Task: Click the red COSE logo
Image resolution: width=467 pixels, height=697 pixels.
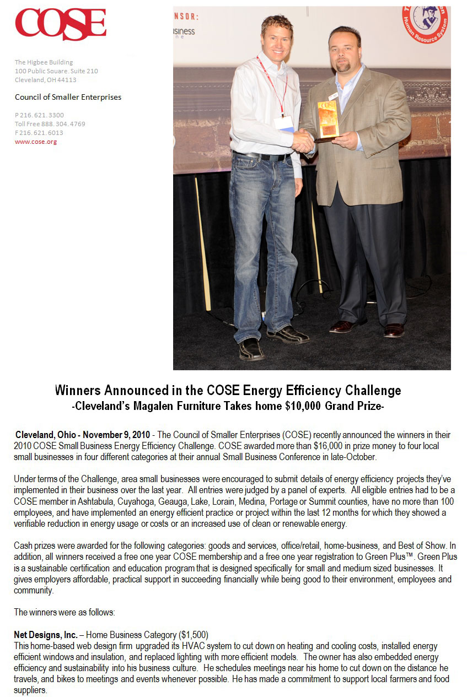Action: (61, 24)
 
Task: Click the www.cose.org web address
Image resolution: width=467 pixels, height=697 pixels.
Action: (36, 142)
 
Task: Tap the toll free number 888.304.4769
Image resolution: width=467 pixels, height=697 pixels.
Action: (50, 124)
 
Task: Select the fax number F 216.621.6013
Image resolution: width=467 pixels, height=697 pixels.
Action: (39, 133)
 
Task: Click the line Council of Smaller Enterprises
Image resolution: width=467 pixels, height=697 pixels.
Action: (68, 97)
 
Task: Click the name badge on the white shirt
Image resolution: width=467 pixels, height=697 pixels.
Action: (283, 122)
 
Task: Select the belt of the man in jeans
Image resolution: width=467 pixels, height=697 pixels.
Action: (261, 156)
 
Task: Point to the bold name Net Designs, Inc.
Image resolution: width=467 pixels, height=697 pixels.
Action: (45, 635)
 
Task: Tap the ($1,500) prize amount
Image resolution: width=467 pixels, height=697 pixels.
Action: (193, 635)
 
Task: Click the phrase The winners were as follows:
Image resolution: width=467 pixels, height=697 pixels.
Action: (64, 612)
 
